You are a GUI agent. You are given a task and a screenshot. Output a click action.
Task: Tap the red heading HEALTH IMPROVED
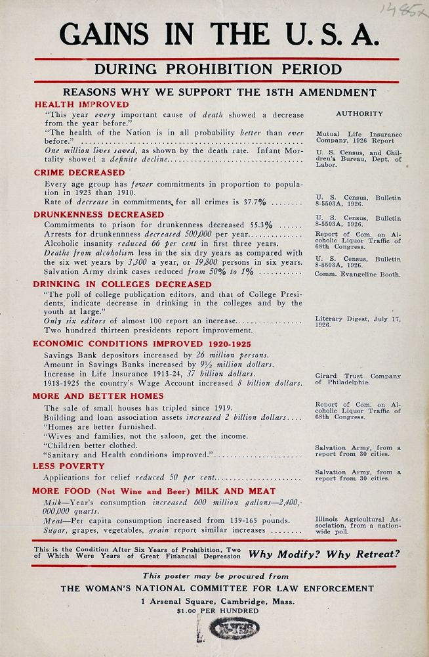click(81, 104)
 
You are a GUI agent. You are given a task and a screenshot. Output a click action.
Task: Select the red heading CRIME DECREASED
click(79, 173)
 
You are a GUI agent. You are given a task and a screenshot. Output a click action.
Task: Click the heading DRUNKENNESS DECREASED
click(99, 214)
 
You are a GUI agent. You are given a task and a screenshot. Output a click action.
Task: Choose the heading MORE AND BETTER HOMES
click(98, 396)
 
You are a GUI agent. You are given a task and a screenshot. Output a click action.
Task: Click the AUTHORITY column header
click(359, 114)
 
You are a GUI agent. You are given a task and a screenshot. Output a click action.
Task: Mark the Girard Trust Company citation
click(358, 379)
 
